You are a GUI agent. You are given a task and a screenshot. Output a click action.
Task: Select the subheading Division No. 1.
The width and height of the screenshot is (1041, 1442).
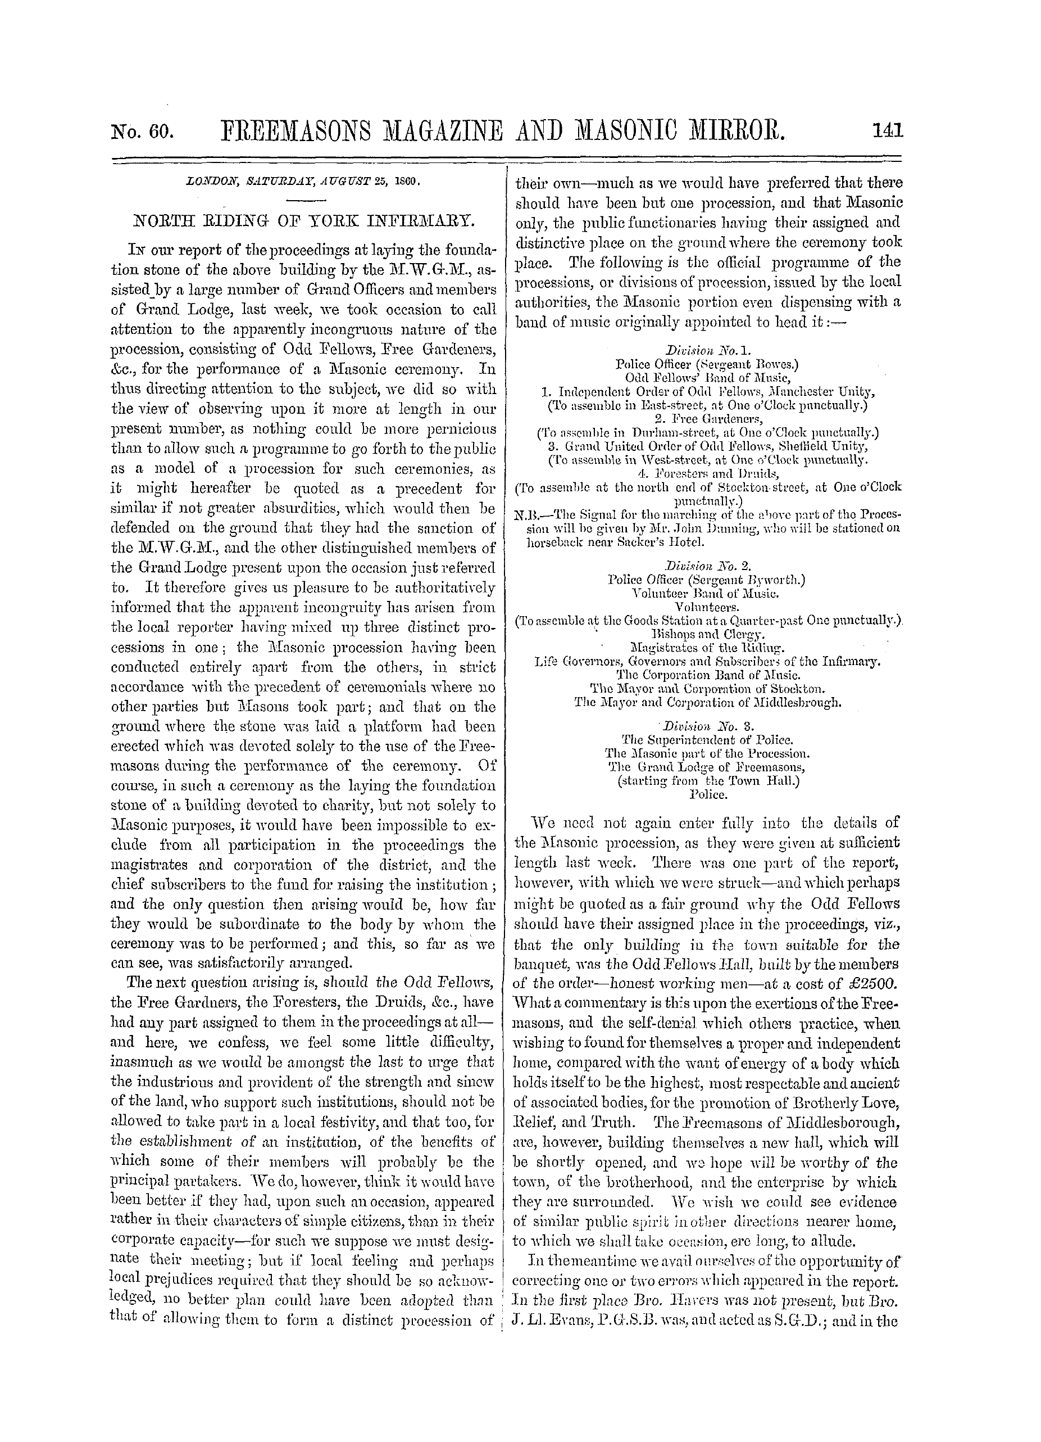707,350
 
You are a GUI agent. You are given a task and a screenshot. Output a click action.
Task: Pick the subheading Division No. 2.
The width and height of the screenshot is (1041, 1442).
707,564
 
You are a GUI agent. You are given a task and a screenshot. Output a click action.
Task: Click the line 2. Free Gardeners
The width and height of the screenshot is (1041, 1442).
707,419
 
